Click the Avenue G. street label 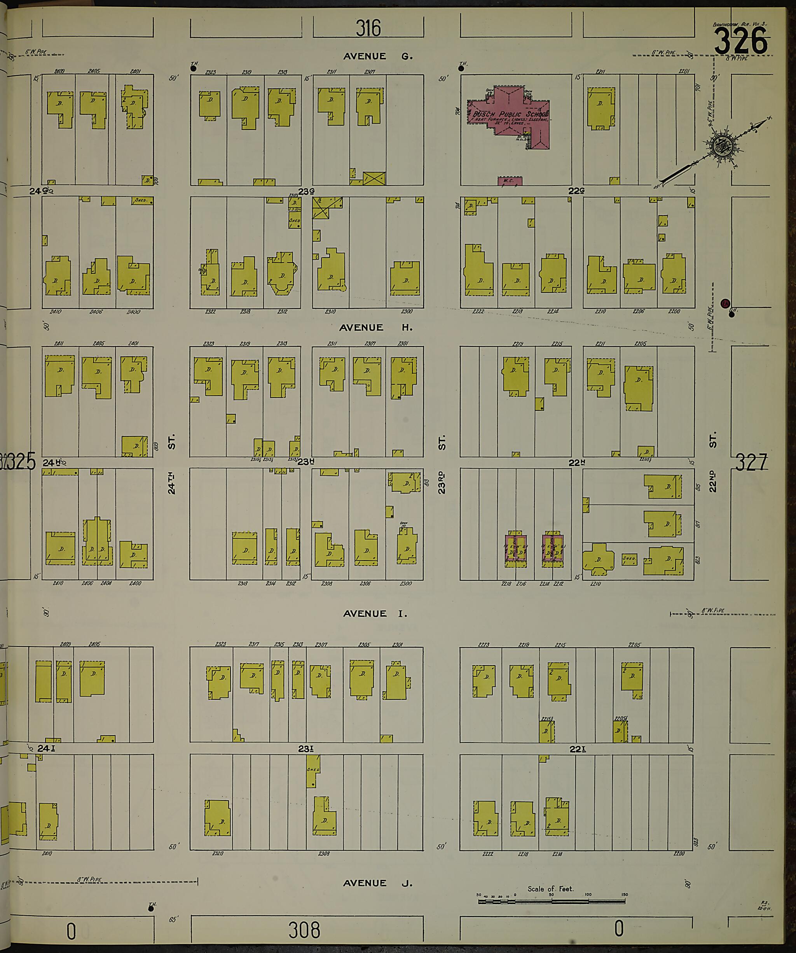(377, 56)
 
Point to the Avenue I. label (375, 613)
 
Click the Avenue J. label (377, 883)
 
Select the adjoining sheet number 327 (751, 463)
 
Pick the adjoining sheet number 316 (368, 28)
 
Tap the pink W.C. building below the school (510, 181)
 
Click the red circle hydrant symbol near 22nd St (725, 303)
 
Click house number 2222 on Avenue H (478, 312)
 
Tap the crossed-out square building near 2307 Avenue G (374, 178)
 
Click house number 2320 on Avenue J (218, 853)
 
